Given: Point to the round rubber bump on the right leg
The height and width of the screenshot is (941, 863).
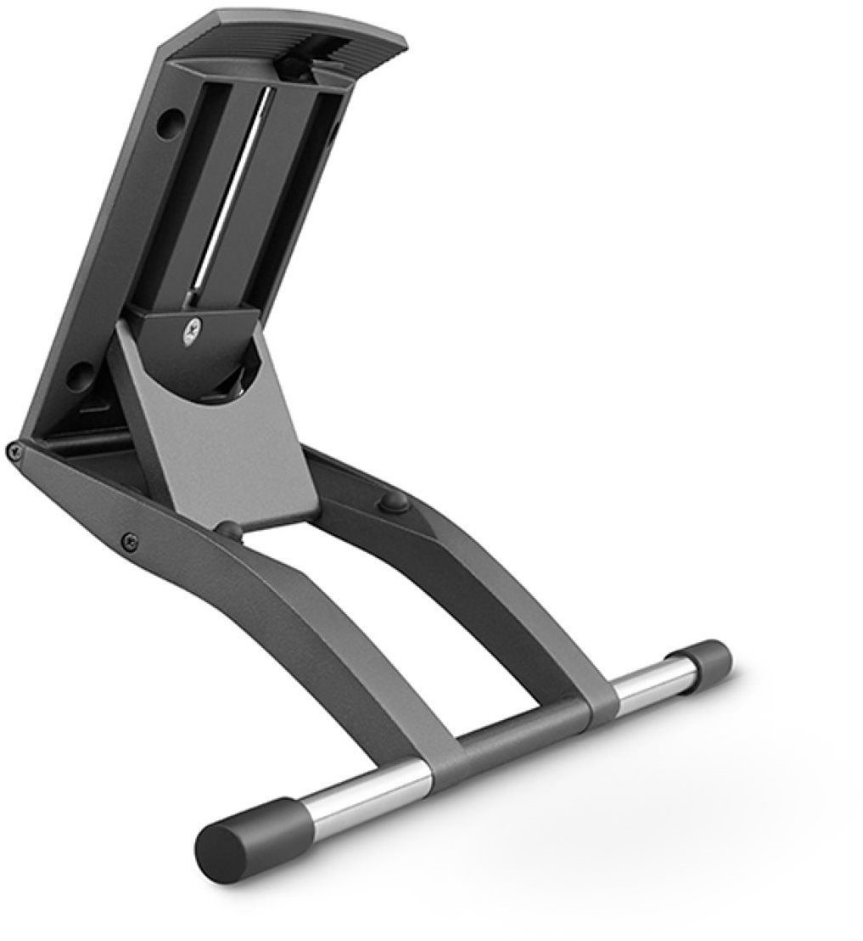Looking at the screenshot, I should pyautogui.click(x=394, y=502).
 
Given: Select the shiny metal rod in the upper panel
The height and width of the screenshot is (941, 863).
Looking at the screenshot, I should pyautogui.click(x=232, y=195).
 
